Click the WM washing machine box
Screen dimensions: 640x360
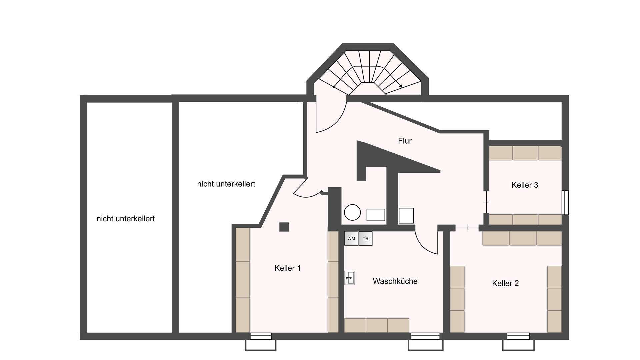click(x=351, y=239)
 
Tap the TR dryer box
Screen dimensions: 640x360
click(x=365, y=239)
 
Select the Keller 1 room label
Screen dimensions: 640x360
click(x=288, y=268)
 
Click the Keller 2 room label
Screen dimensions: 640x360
click(x=505, y=283)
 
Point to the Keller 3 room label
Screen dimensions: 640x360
click(x=525, y=185)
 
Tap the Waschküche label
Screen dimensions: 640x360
click(x=395, y=281)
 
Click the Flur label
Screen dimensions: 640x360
click(x=405, y=141)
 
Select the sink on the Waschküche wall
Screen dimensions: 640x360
click(x=349, y=278)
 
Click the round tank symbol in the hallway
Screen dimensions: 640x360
click(x=352, y=212)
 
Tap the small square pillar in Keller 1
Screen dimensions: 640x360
click(x=284, y=227)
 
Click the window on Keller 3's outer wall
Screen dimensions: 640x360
click(x=565, y=203)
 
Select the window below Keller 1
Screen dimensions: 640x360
click(x=261, y=336)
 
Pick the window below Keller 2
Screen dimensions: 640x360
click(x=518, y=336)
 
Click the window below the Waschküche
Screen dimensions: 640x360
click(x=425, y=336)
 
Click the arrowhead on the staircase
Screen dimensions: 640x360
click(x=400, y=86)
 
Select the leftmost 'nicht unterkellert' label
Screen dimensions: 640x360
click(x=126, y=219)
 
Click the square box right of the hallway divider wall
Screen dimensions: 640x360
click(x=406, y=216)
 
